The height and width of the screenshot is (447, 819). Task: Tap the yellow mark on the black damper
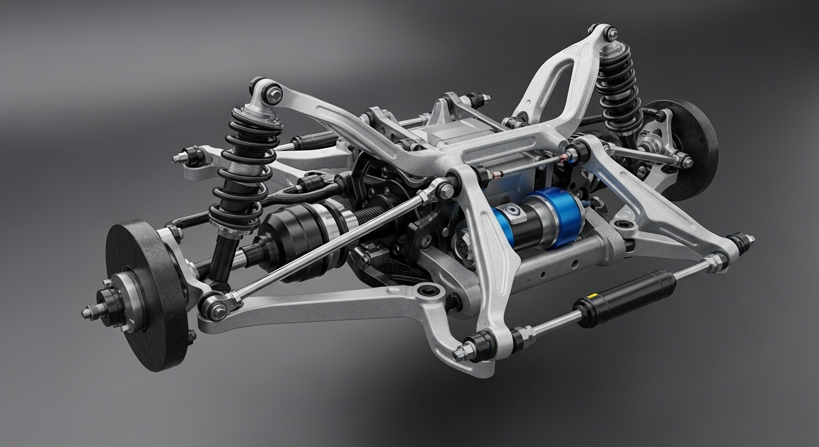coord(595,296)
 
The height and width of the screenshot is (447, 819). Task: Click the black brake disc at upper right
coord(689,146)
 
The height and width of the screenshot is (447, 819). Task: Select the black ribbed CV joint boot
coord(291,233)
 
